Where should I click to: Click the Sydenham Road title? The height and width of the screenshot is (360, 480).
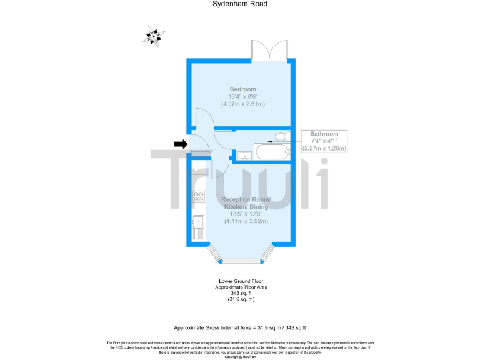(x=239, y=4)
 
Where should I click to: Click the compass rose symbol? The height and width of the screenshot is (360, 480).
(x=153, y=36)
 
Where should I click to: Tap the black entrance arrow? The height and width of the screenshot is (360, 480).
(x=181, y=144)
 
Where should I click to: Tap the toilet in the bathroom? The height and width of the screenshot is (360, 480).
(x=281, y=136)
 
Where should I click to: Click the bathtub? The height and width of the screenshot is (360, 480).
(x=271, y=151)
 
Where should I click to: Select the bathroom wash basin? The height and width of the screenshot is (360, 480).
(x=244, y=155)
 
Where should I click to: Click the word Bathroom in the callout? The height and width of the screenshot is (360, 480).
(x=324, y=134)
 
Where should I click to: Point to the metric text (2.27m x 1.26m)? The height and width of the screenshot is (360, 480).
(x=324, y=148)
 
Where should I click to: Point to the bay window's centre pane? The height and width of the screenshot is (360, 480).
(x=241, y=260)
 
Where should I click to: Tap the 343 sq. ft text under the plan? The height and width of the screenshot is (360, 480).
(x=241, y=294)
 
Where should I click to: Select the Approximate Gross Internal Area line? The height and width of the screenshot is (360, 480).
(x=239, y=327)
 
